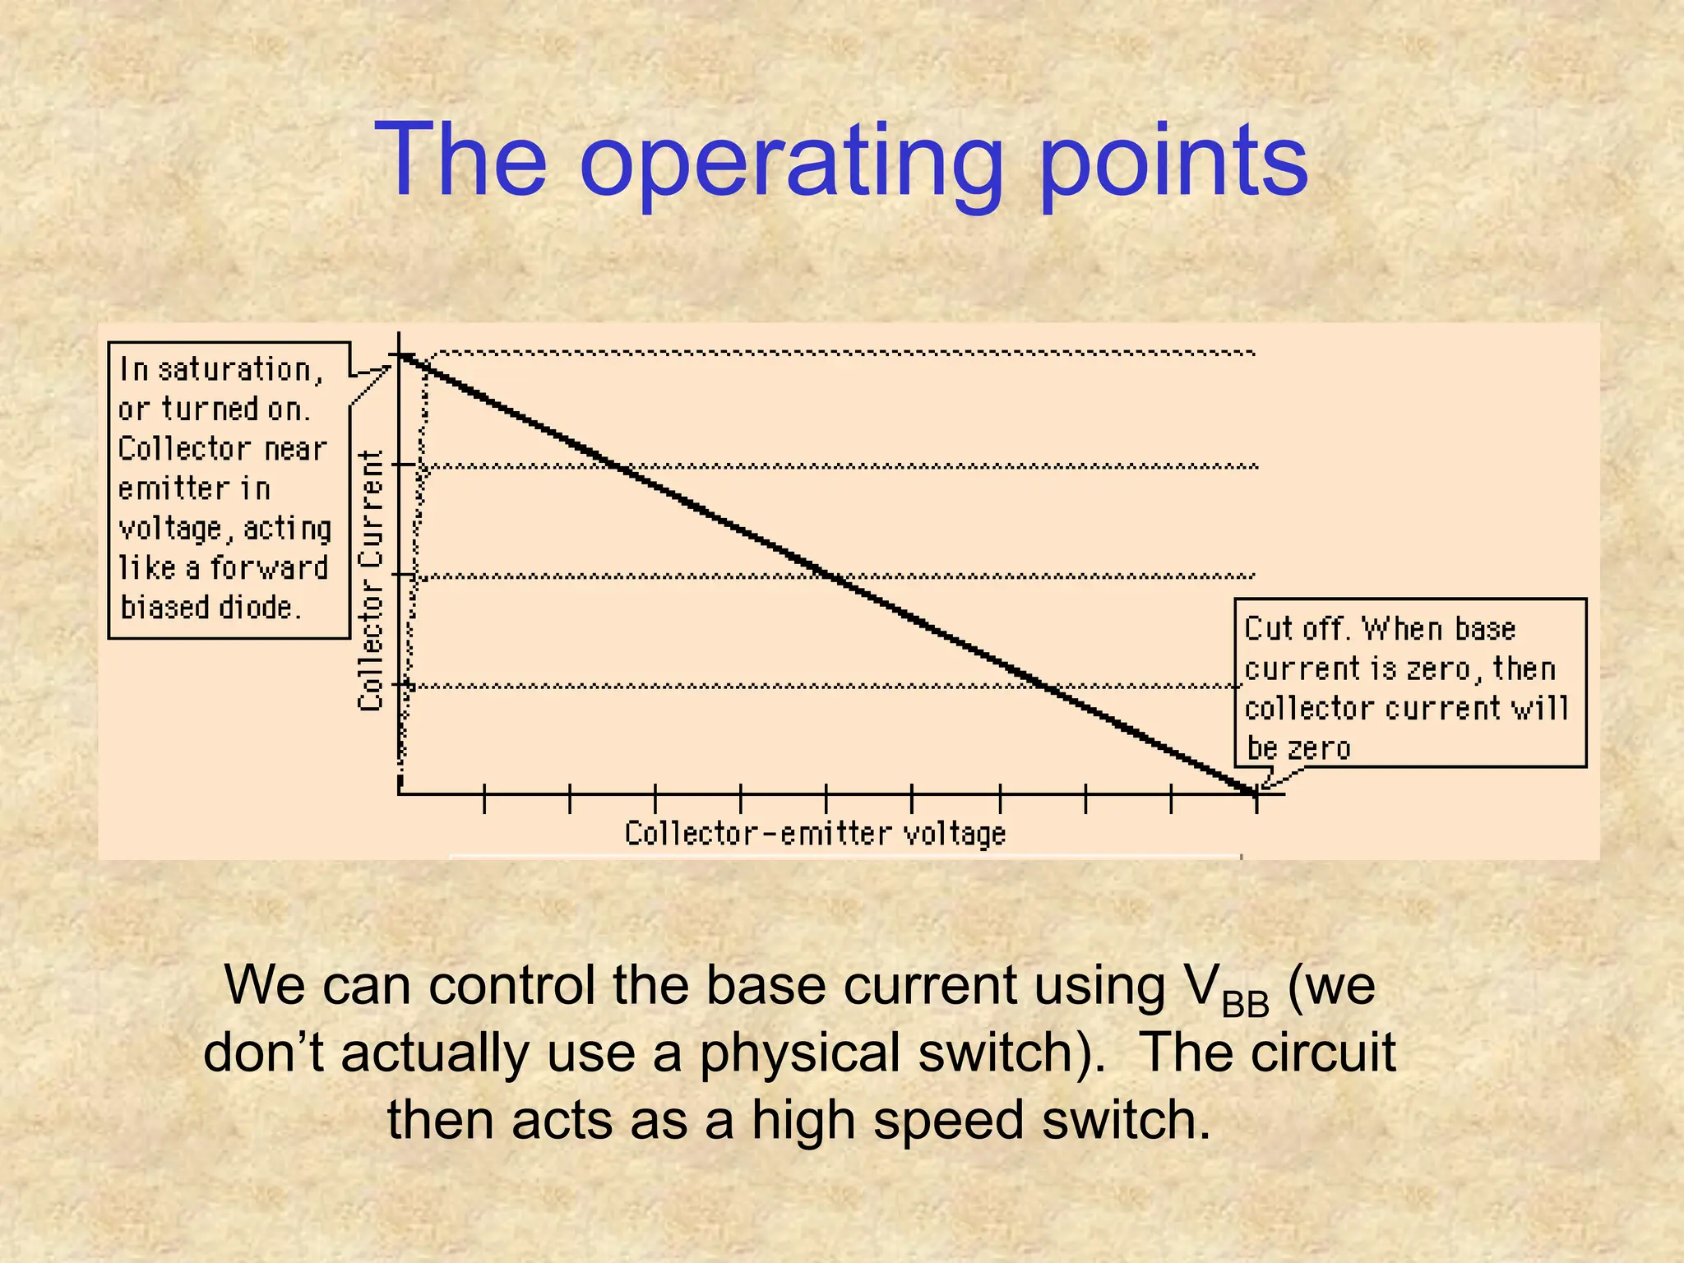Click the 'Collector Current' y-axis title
point(371,581)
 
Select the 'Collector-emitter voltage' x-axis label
point(815,835)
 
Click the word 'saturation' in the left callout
point(235,370)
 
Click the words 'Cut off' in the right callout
point(1296,629)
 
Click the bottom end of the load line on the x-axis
point(1255,793)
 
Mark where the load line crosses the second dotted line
point(618,466)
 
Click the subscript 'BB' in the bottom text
point(1245,1005)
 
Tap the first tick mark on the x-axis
point(485,798)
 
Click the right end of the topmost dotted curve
point(1253,354)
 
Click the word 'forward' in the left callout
point(269,568)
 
